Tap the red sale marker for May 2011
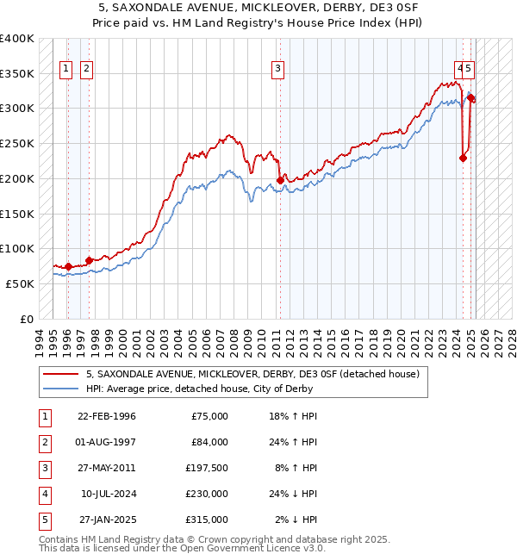(280, 180)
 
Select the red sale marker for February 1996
(68, 266)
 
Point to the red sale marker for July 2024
(464, 158)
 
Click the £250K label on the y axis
(17, 143)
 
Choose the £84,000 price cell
(209, 442)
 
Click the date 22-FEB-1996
(107, 416)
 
